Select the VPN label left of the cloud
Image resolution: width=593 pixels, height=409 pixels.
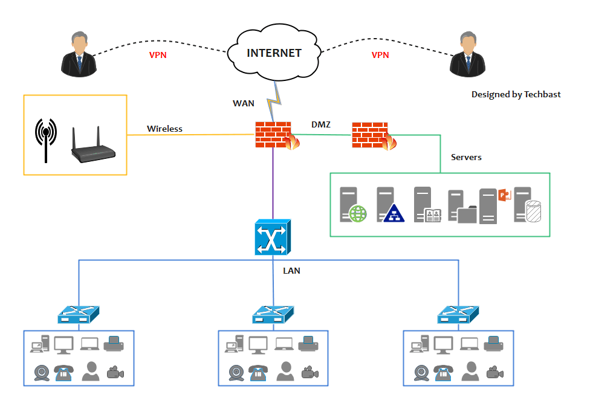pos(158,55)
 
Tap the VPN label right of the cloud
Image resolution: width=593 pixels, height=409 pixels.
pos(380,55)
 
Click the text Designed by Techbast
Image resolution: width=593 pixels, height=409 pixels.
pos(516,94)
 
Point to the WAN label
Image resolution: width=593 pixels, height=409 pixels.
pos(244,103)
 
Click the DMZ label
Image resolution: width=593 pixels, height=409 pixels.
pos(320,124)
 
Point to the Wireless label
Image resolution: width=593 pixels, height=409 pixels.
pos(164,129)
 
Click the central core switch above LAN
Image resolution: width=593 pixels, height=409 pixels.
pos(273,238)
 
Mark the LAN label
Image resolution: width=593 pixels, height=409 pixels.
pos(291,271)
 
